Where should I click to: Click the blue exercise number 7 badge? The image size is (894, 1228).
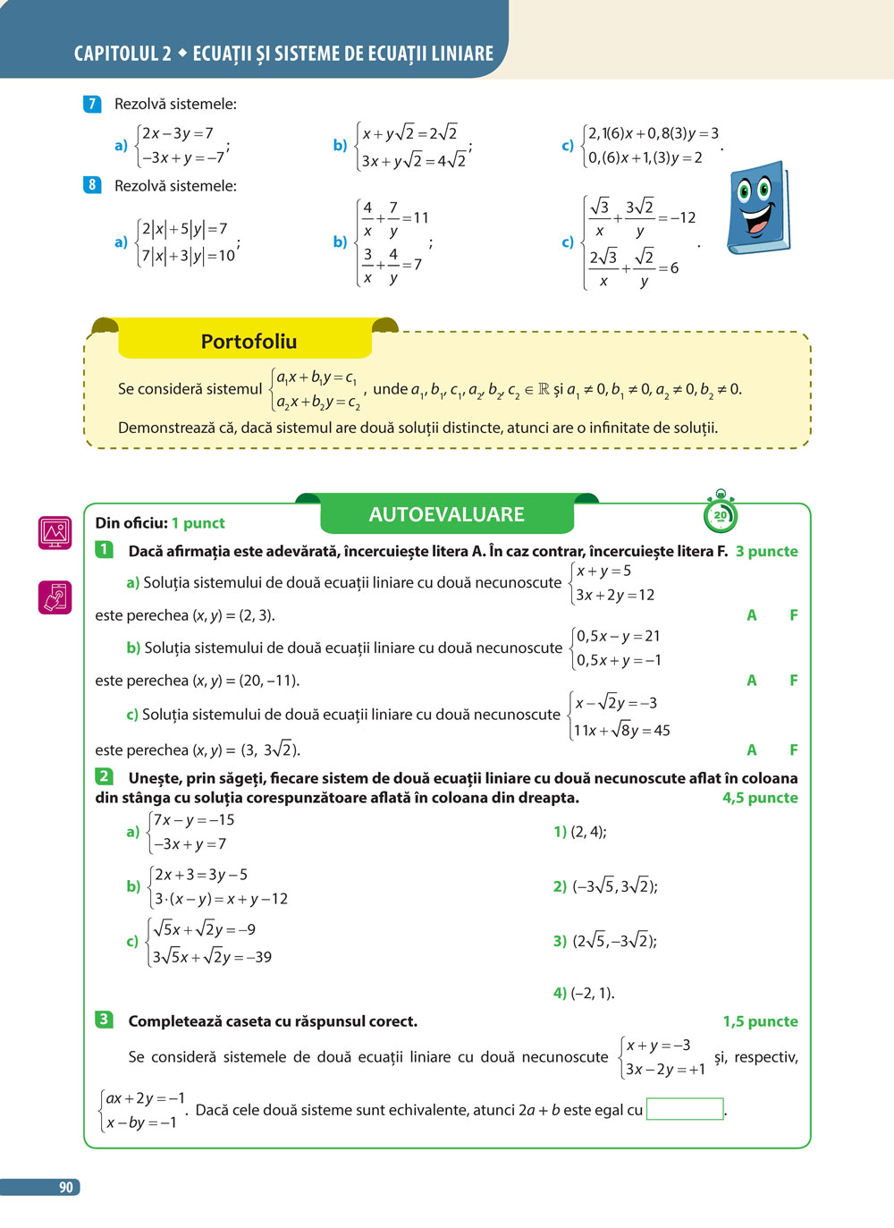tap(92, 104)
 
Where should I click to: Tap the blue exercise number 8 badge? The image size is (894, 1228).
tap(92, 185)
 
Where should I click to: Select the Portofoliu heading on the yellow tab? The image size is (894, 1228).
tap(249, 342)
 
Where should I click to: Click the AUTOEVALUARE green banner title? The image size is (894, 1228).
tap(446, 514)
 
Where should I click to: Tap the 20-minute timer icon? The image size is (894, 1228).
tap(721, 513)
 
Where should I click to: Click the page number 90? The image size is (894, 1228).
tap(65, 1187)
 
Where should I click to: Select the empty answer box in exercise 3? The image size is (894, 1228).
tap(684, 1109)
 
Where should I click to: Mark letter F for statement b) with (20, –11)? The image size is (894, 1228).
tap(793, 681)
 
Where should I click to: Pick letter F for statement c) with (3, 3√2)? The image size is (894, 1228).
tap(793, 750)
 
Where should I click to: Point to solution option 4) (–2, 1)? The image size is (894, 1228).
tap(584, 993)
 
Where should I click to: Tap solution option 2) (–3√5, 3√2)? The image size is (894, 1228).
tap(605, 886)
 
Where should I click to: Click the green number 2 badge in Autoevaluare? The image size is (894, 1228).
tap(105, 776)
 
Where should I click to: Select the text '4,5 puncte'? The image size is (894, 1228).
tap(760, 798)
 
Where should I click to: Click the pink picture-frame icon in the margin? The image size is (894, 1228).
tap(55, 532)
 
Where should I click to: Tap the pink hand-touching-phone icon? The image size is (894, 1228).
tap(55, 597)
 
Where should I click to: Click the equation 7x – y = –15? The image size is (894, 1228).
tap(193, 820)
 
